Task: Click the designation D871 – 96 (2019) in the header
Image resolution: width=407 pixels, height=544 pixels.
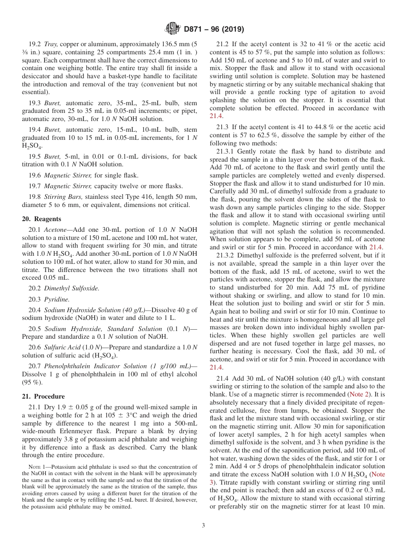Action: (x=212, y=30)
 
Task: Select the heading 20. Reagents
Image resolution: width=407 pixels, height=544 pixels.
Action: (x=42, y=219)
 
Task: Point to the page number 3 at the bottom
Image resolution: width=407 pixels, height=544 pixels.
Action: (x=203, y=526)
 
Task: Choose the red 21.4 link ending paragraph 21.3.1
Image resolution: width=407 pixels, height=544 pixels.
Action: (x=376, y=247)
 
